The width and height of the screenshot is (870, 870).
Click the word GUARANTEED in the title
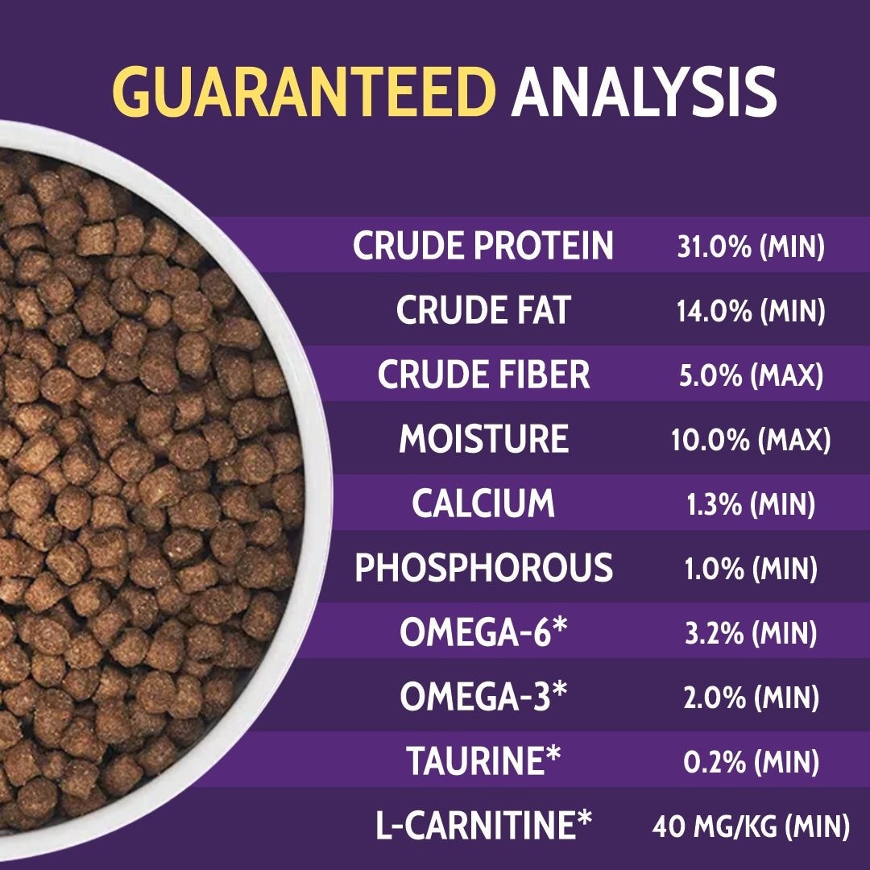tap(304, 92)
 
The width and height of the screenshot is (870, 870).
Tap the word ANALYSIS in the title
tap(644, 92)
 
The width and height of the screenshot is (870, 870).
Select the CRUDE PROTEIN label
tap(483, 245)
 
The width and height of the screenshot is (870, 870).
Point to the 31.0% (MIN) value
tap(751, 246)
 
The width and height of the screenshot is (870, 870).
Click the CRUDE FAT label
tap(483, 309)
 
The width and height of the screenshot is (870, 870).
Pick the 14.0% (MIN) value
tap(751, 311)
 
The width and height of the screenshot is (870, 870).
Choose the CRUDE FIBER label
tap(483, 374)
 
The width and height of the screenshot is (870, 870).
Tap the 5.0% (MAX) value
tap(752, 375)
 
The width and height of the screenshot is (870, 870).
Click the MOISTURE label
tap(484, 438)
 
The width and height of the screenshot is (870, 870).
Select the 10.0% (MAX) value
tap(751, 440)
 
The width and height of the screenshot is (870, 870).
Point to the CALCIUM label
tap(483, 503)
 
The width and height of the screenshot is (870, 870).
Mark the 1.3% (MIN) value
tap(751, 504)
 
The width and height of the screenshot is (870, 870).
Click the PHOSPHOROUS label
tap(484, 567)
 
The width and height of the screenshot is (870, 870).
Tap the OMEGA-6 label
tap(484, 632)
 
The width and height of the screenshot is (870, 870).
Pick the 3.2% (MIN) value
tap(751, 633)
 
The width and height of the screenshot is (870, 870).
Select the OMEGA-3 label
tap(484, 696)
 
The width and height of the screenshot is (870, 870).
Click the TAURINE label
tap(484, 760)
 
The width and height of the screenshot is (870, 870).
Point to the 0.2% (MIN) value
tap(752, 762)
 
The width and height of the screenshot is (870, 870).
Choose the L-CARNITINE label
tap(484, 825)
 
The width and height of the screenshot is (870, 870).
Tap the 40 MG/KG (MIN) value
tap(751, 826)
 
